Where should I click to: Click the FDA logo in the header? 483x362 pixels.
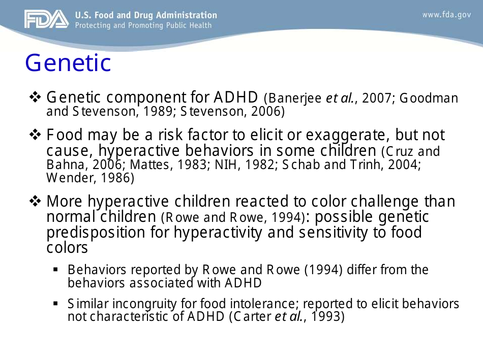coord(46,19)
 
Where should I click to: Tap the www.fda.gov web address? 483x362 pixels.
coord(446,15)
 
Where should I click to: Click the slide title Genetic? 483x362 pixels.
coord(68,63)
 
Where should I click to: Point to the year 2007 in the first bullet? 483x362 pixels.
coord(376,98)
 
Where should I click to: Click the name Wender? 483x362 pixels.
coord(63,178)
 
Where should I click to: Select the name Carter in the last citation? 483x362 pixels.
coord(253,317)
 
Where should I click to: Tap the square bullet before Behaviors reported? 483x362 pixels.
coord(55,270)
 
